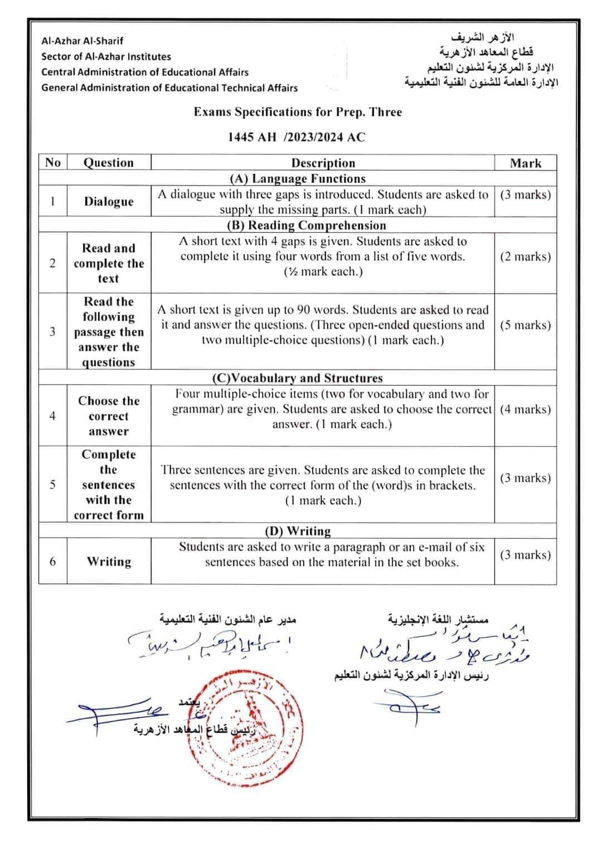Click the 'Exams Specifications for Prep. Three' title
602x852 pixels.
[x=298, y=112]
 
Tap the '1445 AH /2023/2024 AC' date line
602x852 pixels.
[x=297, y=137]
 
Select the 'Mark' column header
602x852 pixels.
[x=525, y=163]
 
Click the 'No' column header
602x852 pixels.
[x=52, y=162]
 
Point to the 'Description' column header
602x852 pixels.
[x=323, y=163]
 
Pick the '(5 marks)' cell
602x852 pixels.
[x=525, y=325]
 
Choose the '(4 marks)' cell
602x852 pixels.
[x=525, y=410]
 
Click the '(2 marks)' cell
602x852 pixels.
[x=525, y=257]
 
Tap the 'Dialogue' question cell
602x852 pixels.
[x=109, y=202]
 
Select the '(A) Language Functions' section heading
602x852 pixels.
[x=298, y=179]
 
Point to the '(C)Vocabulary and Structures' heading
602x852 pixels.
[x=298, y=378]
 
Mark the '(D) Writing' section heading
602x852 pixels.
[x=298, y=531]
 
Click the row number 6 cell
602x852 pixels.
[x=52, y=561]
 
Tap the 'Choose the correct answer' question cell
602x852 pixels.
[x=109, y=416]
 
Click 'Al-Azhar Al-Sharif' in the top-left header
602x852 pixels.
[x=82, y=41]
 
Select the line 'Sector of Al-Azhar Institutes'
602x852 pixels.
[x=106, y=56]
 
